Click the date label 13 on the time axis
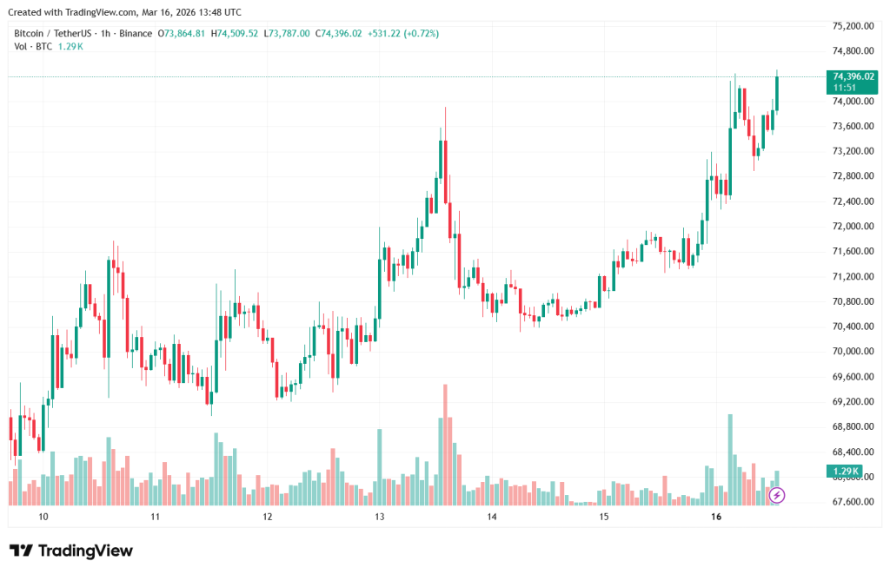point(379,517)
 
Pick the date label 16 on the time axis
point(716,517)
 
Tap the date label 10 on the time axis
point(43,517)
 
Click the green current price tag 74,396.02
point(853,76)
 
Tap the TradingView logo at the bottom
point(71,551)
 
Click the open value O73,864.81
point(181,33)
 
